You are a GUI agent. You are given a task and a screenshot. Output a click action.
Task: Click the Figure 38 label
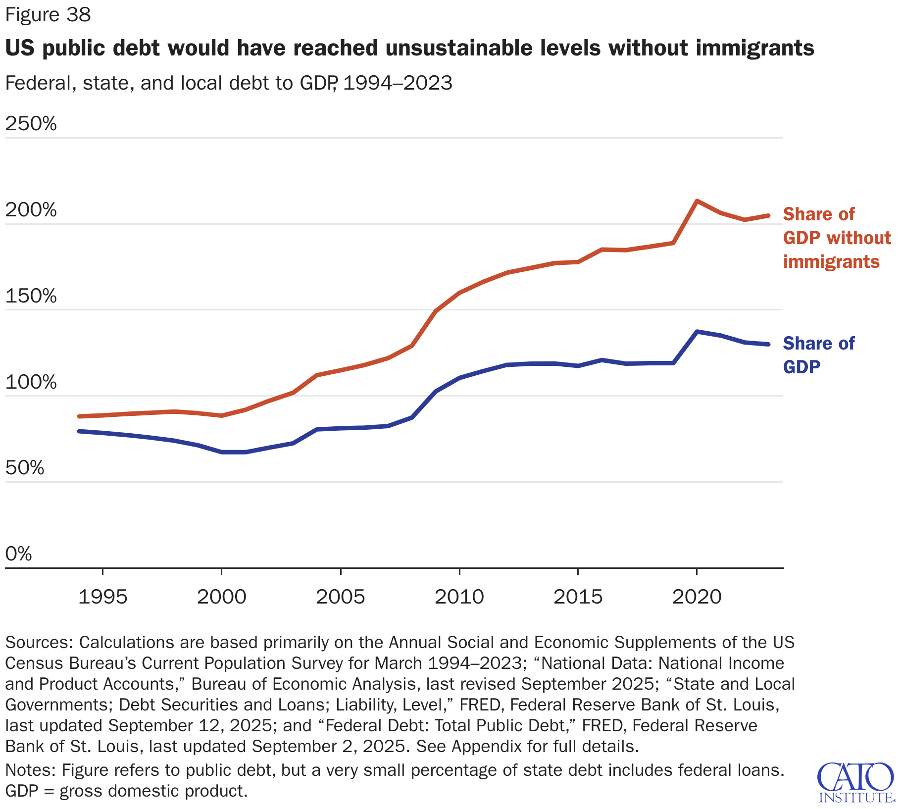[x=48, y=15]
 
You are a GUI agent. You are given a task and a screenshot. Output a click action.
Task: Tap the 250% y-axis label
[x=31, y=124]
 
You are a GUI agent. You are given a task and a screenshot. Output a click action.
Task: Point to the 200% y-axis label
[x=31, y=210]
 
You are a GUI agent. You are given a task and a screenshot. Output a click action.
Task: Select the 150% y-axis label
[x=31, y=296]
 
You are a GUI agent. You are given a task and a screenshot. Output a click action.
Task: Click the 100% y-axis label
[x=31, y=382]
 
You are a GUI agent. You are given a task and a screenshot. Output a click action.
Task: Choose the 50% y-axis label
[x=25, y=468]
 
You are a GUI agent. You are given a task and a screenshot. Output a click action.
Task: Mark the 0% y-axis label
[x=18, y=554]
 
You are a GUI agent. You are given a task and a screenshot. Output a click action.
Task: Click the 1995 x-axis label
[x=103, y=597]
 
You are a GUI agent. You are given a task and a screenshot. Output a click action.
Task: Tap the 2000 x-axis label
[x=221, y=597]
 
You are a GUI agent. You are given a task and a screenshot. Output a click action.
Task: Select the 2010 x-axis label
[x=459, y=597]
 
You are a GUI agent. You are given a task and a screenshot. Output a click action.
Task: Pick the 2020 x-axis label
[x=697, y=597]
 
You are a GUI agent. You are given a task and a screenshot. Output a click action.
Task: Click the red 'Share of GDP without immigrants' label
[x=836, y=238]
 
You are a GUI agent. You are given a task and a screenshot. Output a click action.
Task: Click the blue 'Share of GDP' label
[x=818, y=355]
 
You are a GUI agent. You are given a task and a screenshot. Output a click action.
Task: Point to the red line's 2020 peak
[x=697, y=201]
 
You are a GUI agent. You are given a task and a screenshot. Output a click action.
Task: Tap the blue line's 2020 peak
[x=697, y=332]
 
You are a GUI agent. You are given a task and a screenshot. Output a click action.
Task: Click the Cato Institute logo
[x=856, y=782]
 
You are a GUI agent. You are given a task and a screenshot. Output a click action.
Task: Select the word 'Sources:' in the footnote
[x=39, y=642]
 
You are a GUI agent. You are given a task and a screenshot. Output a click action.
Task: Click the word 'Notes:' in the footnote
[x=31, y=770]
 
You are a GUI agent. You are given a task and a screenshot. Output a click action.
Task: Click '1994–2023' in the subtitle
[x=398, y=83]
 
